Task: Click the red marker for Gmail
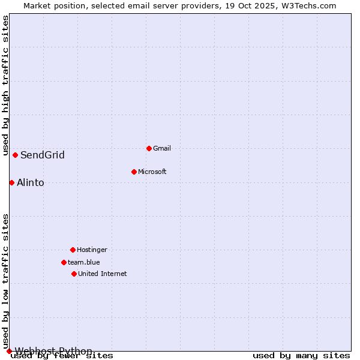point(149,148)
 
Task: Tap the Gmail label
point(162,148)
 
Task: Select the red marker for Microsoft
point(134,172)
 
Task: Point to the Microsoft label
point(152,172)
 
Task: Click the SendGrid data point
point(15,155)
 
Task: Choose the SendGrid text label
point(43,155)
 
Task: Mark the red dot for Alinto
point(11,182)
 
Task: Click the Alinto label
point(31,183)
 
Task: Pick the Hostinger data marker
point(73,250)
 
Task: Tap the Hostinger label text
point(92,250)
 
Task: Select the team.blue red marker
point(64,262)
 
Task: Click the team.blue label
point(84,262)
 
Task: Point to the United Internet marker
point(74,274)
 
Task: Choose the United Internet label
point(103,274)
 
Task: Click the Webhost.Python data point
point(9,351)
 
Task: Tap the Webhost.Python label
point(53,351)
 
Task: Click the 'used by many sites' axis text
point(301,356)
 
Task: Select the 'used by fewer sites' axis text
point(62,356)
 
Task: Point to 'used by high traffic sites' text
point(5,86)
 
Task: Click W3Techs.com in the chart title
point(308,5)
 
